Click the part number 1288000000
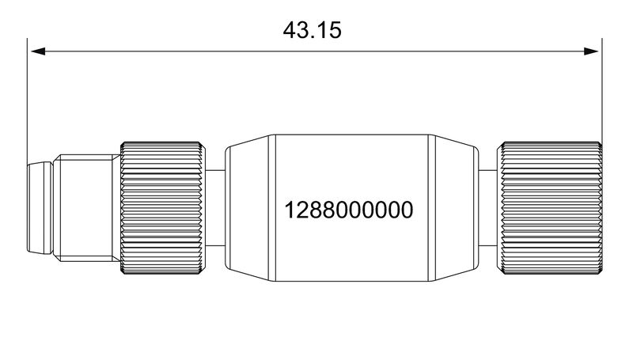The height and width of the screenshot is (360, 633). [349, 210]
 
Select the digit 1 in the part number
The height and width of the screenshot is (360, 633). [289, 210]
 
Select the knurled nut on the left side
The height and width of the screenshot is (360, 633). [164, 208]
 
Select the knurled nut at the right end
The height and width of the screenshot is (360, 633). [552, 208]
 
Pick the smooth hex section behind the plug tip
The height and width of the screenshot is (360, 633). [87, 208]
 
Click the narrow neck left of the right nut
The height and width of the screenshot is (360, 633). [489, 208]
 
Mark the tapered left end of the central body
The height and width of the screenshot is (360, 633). [249, 208]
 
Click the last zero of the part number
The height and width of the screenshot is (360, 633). [407, 210]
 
